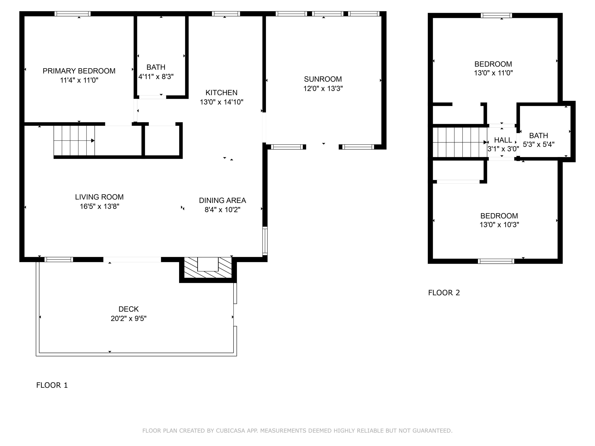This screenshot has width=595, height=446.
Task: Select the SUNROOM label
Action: tap(323, 79)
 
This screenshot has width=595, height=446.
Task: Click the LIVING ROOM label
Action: tap(99, 197)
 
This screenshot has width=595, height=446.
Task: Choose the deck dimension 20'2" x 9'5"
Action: tap(129, 319)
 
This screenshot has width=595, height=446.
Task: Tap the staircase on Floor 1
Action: tap(74, 141)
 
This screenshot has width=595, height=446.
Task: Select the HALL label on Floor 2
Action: tap(503, 140)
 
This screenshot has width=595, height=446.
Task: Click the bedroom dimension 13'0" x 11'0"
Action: tap(493, 73)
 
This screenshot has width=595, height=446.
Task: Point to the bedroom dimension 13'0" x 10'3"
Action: tap(499, 225)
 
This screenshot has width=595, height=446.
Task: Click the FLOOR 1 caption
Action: tap(52, 385)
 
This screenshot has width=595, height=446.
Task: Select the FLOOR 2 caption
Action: tap(444, 293)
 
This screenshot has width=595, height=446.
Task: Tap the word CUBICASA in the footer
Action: tap(230, 431)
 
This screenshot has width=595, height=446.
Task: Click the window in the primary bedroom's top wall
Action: tap(72, 14)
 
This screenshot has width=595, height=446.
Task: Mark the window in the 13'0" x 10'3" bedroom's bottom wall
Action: tap(496, 261)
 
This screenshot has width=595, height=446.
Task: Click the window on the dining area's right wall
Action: tap(265, 241)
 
